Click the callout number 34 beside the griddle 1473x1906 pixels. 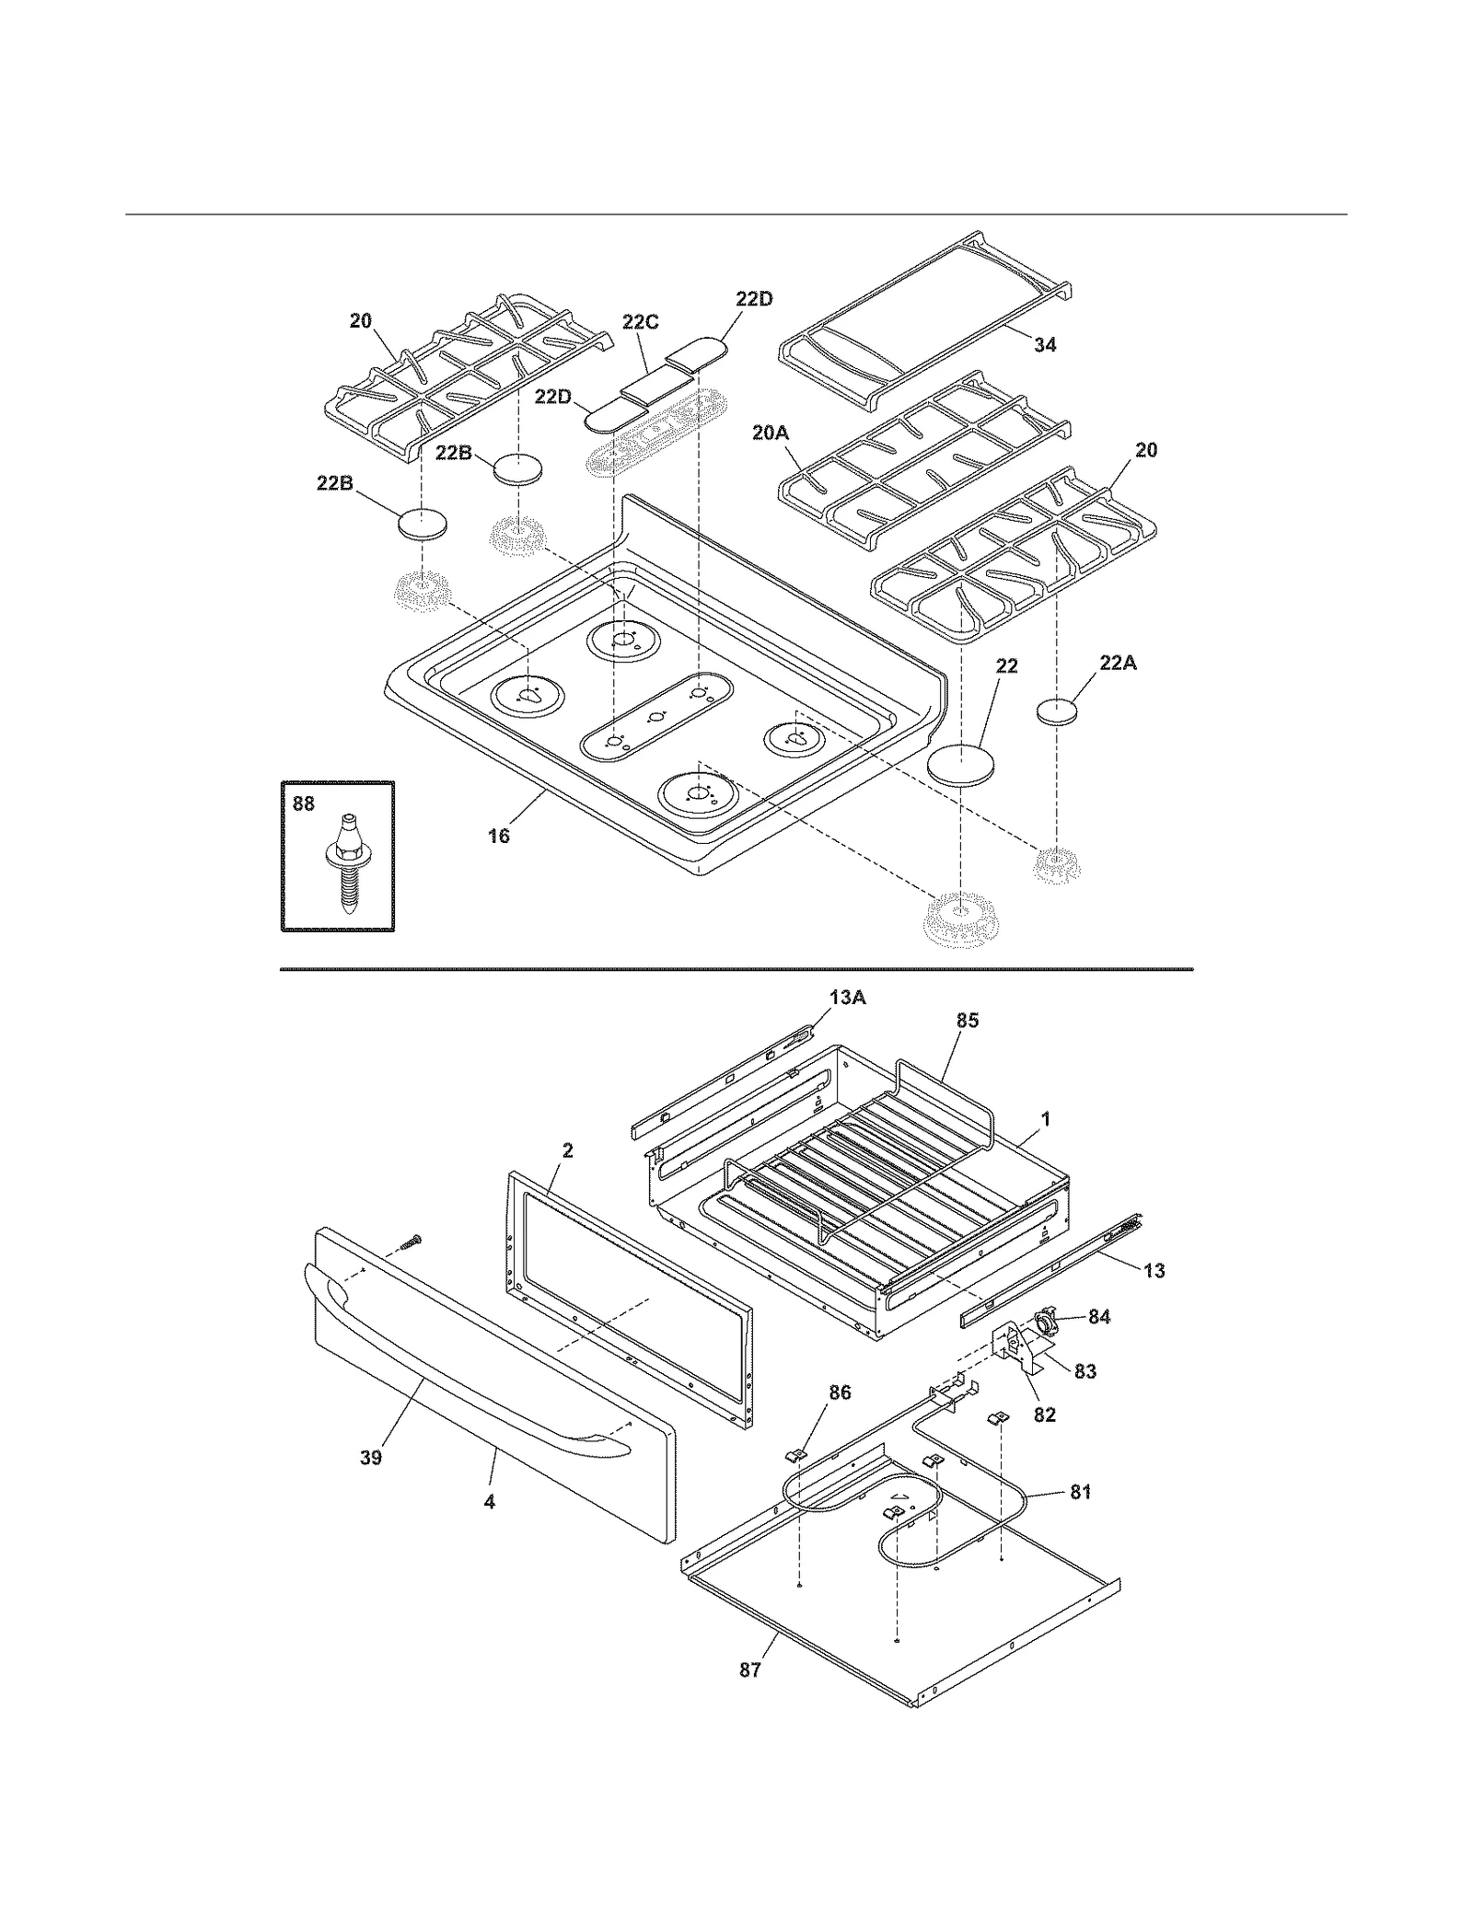[1044, 345]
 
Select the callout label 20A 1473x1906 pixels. [771, 432]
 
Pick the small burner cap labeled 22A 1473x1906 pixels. [1061, 712]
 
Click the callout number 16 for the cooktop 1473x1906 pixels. [498, 836]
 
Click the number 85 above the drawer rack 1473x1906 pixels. [967, 1020]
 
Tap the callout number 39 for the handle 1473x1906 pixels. [370, 1458]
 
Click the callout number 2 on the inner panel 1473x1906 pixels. [567, 1149]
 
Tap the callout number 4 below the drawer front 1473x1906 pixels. [489, 1501]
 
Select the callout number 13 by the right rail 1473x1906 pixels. [1154, 1271]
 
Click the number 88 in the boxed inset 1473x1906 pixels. [303, 803]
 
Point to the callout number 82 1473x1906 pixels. [1044, 1414]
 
